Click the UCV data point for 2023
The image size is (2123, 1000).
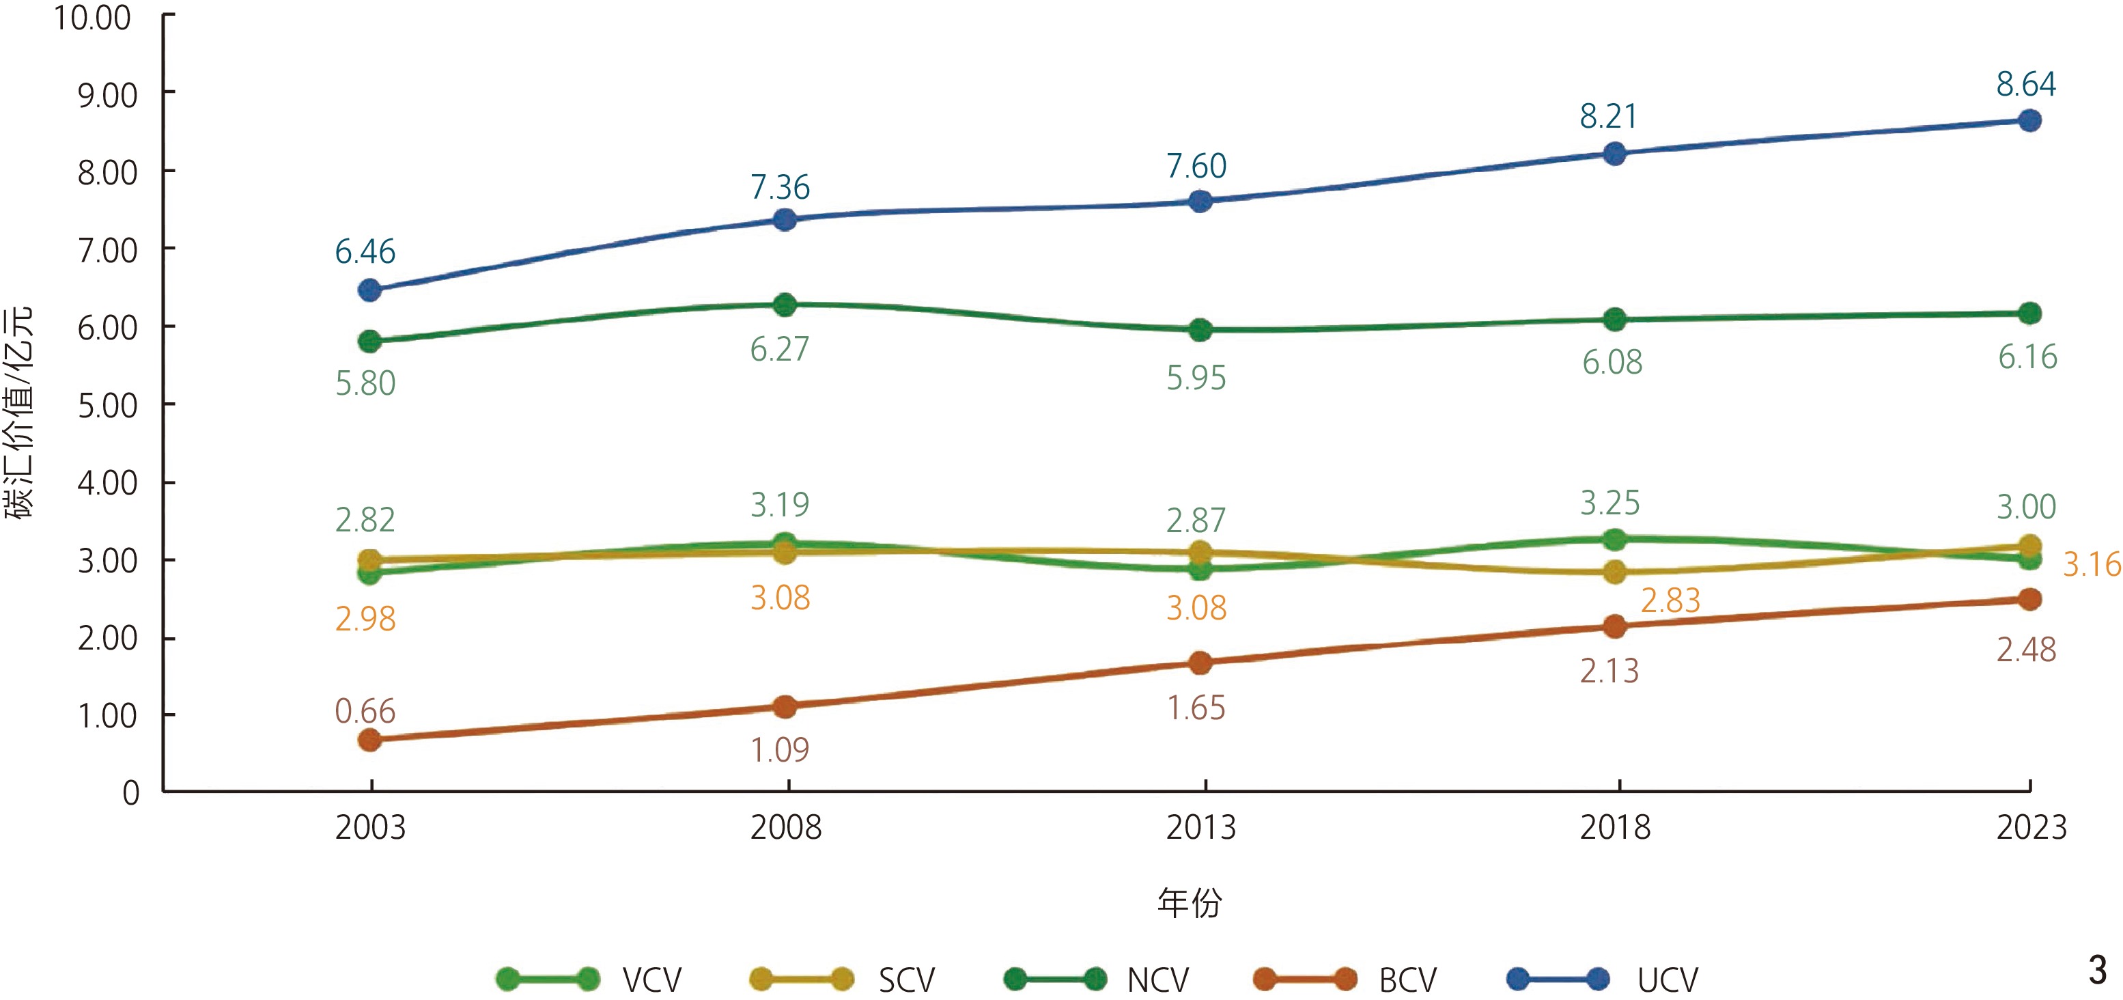(2029, 120)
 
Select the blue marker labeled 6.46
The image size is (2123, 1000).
(370, 290)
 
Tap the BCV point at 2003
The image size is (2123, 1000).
(370, 740)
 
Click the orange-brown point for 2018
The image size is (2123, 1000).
(1614, 626)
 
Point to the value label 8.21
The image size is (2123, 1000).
(1608, 117)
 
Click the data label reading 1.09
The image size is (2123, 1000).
(780, 750)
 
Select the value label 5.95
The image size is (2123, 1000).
(1196, 378)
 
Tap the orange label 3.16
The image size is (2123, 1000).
(2091, 565)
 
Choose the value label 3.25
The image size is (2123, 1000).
(1609, 503)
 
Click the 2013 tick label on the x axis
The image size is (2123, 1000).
(1200, 828)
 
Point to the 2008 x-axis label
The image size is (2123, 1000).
(785, 828)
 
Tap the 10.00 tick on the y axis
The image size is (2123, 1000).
(92, 18)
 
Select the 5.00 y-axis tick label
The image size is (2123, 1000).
(107, 406)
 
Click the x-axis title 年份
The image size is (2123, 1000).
(1190, 903)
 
